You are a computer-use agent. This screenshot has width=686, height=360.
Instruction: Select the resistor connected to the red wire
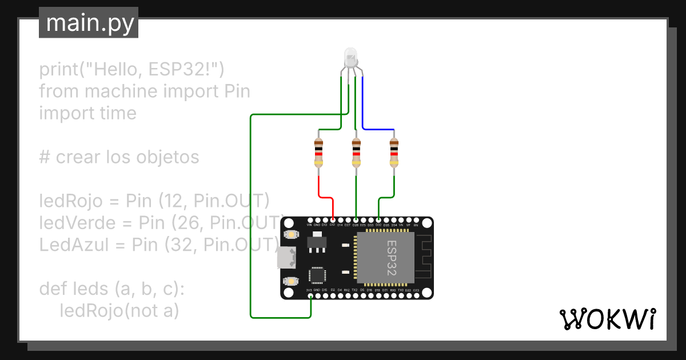click(318, 153)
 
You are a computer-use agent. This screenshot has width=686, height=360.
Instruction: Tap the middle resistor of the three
click(356, 153)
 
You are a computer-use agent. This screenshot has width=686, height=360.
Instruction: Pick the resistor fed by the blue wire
click(394, 153)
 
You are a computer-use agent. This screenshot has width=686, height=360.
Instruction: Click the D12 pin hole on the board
click(332, 220)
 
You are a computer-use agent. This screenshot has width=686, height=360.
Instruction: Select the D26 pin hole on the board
click(356, 220)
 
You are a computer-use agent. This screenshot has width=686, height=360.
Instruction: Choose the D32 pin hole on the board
click(378, 220)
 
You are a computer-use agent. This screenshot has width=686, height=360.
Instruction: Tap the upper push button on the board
click(292, 234)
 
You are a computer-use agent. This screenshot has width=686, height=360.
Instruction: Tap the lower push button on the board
click(292, 281)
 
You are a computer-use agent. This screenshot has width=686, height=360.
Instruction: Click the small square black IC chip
click(317, 275)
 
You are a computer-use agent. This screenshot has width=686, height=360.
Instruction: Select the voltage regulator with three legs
click(315, 244)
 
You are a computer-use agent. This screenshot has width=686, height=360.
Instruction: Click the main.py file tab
click(89, 23)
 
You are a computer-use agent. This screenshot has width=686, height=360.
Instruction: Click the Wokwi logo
click(607, 319)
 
